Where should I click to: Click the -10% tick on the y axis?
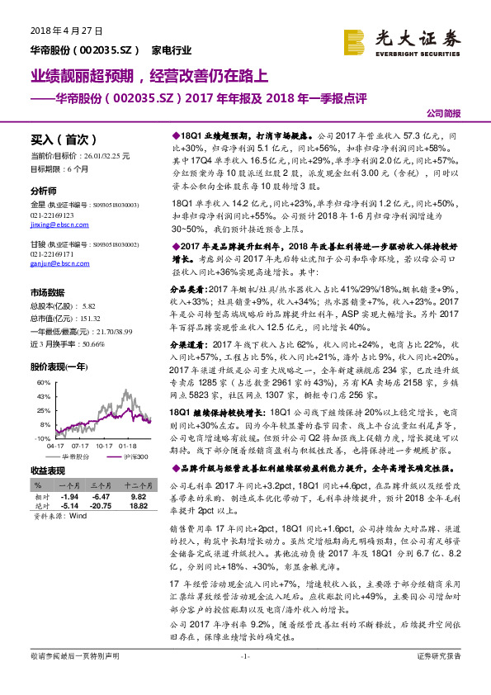coord(42,438)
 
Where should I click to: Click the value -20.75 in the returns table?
coord(101,505)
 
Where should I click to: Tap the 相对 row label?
coord(39,497)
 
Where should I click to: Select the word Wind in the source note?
coord(78,514)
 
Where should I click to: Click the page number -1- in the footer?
coord(244,679)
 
